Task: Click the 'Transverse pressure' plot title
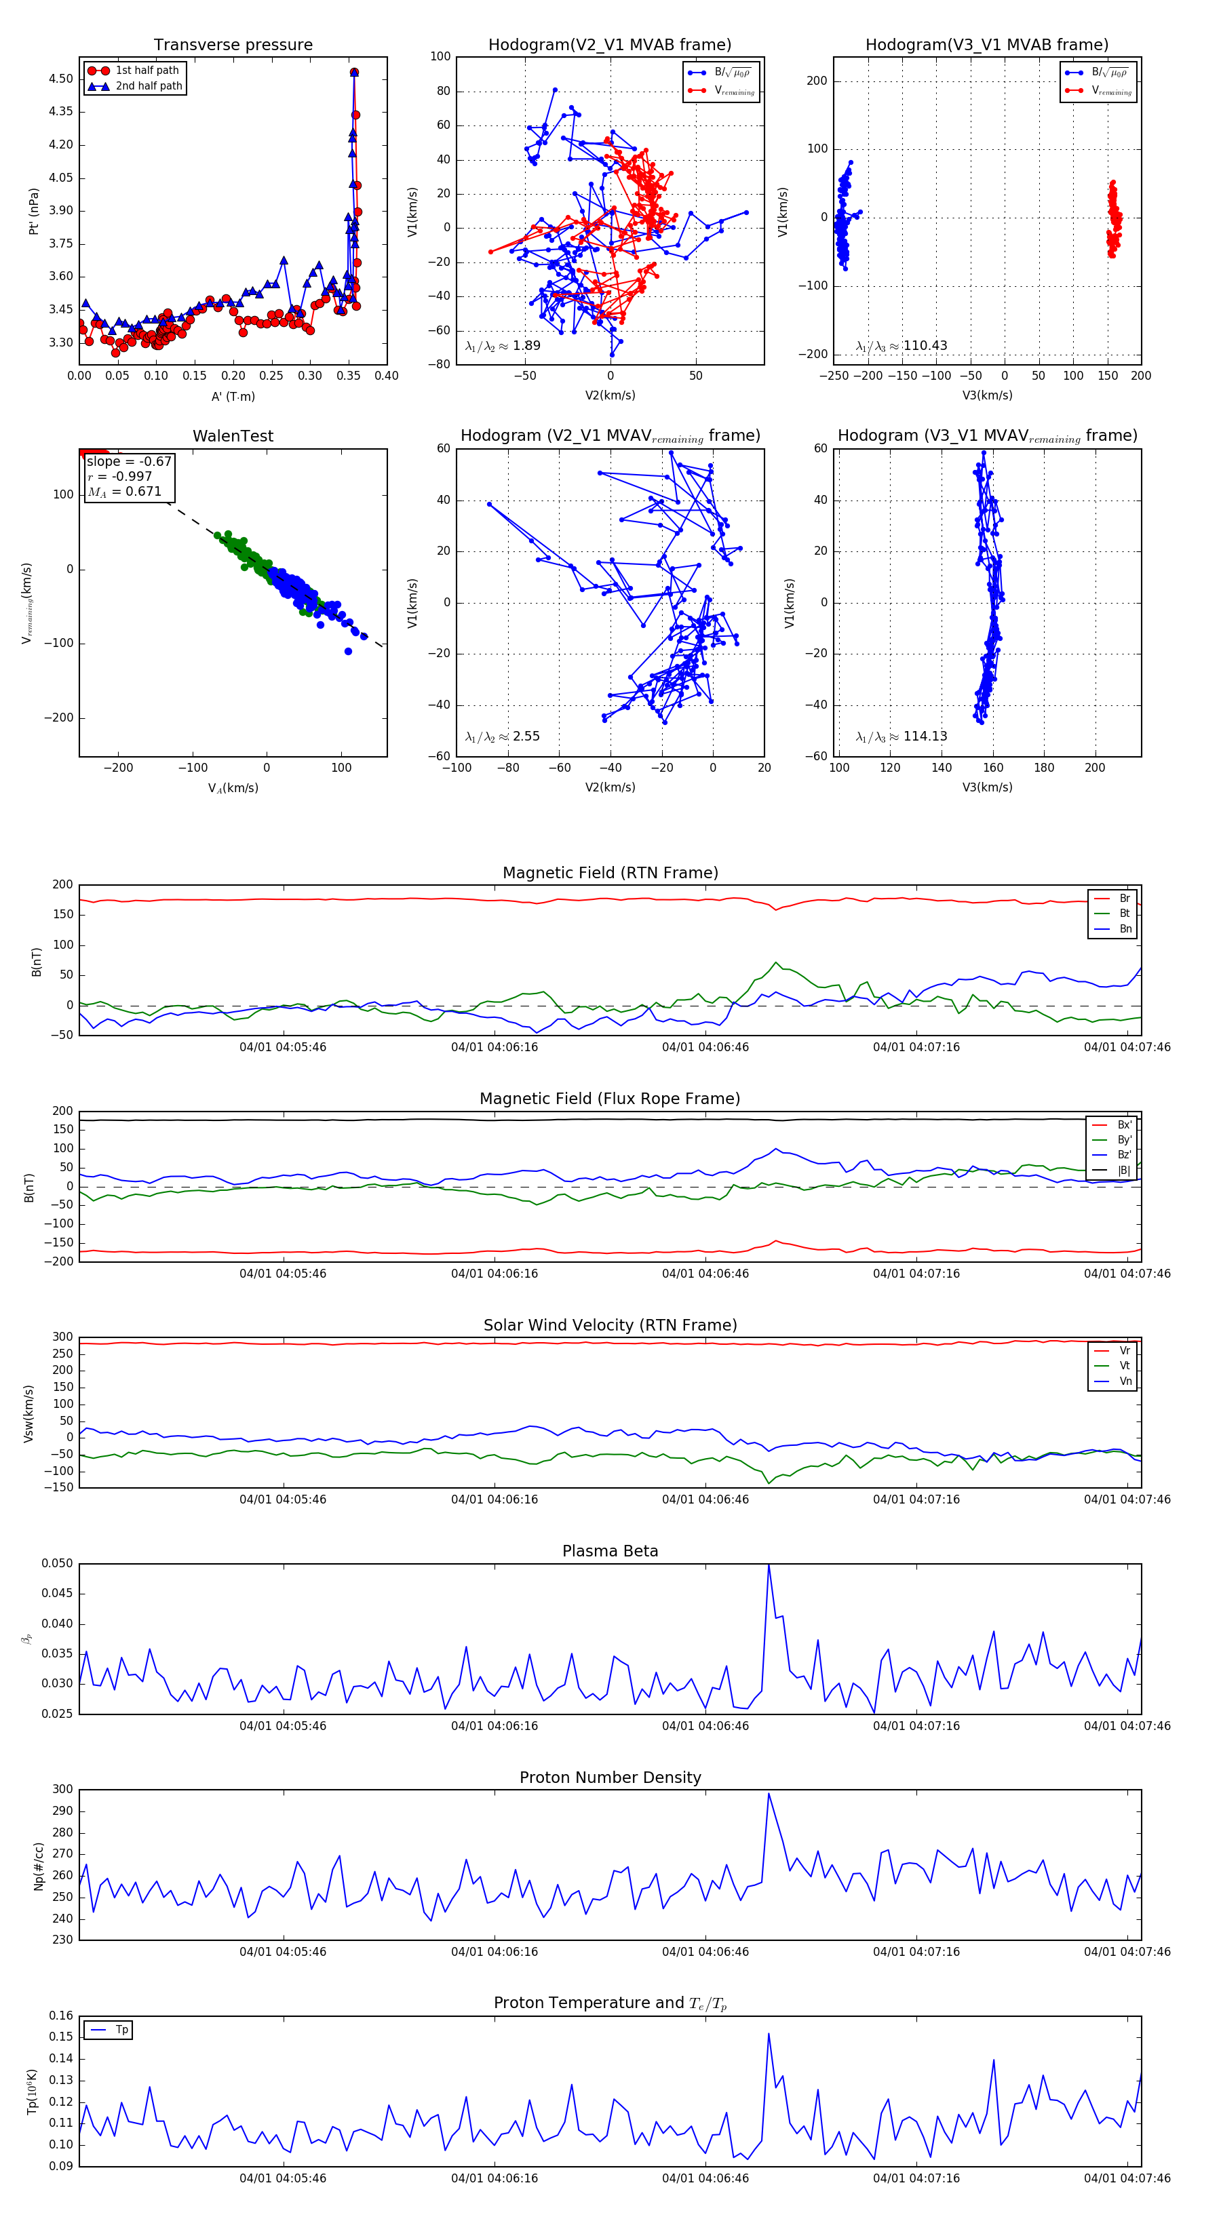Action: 233,45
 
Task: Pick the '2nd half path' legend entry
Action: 149,86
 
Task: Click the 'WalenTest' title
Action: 233,436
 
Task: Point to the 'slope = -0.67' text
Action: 129,461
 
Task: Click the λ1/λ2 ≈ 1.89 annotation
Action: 502,346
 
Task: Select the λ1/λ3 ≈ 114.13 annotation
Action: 902,736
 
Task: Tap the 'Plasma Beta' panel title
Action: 610,1551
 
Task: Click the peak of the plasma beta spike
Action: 769,1565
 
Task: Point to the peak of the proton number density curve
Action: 769,1793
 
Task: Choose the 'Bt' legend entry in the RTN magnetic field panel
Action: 1125,913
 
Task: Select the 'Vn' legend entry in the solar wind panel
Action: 1125,1381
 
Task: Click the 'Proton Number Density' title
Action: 610,1777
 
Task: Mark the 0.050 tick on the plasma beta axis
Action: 58,1564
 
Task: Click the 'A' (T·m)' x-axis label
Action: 233,396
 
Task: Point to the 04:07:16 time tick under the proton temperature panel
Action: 916,2178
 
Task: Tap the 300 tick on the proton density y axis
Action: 62,1790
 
